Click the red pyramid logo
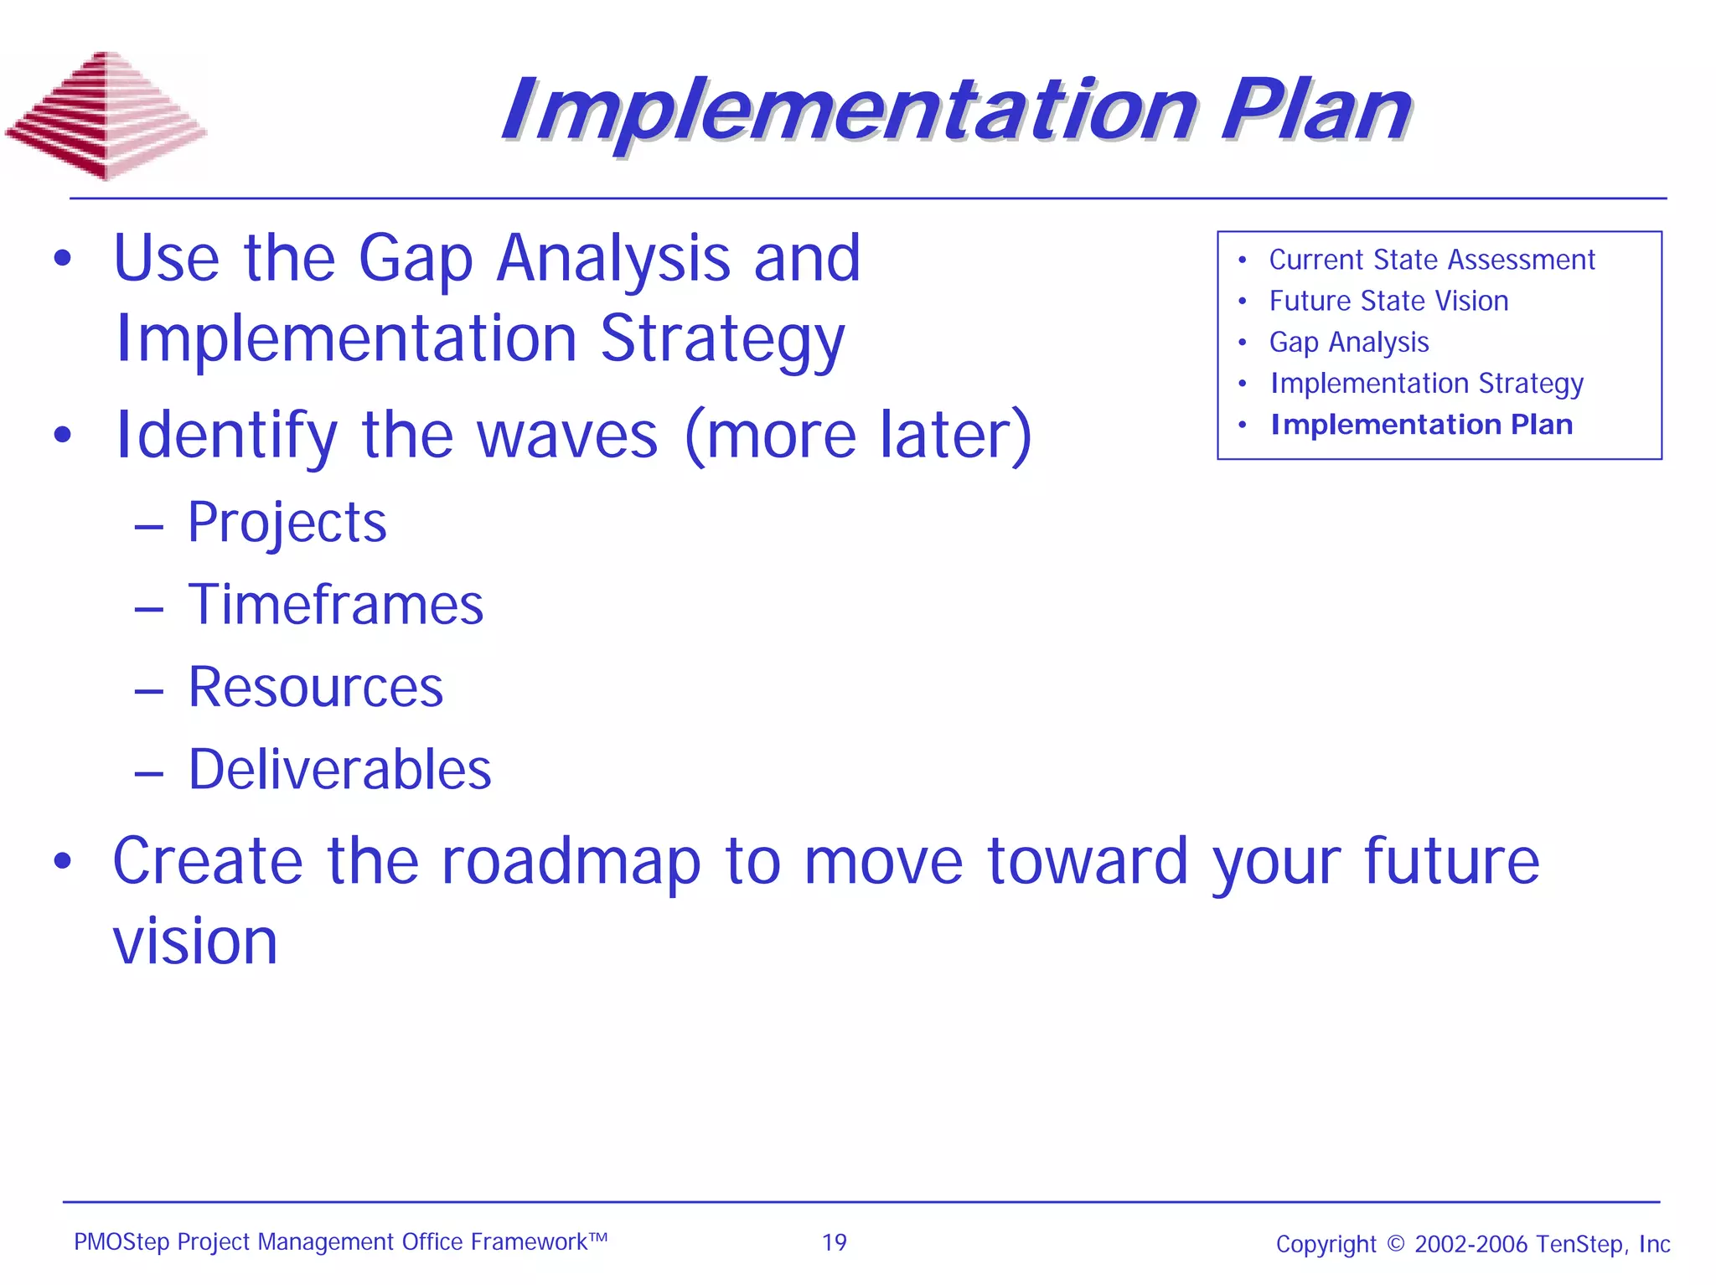pos(106,116)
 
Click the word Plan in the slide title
pos(1315,111)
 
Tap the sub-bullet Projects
pos(287,523)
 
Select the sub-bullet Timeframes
pos(335,605)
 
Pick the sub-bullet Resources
pos(315,687)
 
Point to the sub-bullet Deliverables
pos(339,769)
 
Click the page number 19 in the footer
pos(834,1242)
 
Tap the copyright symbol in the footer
pos(1395,1243)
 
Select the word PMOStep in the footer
pos(121,1242)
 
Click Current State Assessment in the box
pos(1431,260)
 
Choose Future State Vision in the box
pos(1388,301)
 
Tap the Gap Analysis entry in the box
pos(1348,342)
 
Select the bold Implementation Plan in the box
pos(1421,425)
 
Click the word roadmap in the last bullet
pos(571,863)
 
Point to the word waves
pos(567,436)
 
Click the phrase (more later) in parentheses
pos(858,436)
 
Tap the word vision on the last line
pos(195,942)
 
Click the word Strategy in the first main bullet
pos(722,339)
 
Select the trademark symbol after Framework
pos(597,1236)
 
